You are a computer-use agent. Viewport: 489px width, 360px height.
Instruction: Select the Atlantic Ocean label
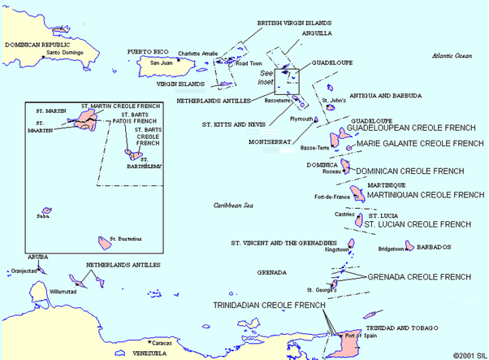click(452, 55)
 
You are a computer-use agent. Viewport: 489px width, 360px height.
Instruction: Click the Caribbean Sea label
click(234, 206)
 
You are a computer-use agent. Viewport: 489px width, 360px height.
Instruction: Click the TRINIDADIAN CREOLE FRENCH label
click(269, 306)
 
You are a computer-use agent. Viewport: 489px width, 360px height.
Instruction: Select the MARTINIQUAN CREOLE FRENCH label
click(414, 195)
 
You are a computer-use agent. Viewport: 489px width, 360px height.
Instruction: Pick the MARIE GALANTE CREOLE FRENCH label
click(421, 143)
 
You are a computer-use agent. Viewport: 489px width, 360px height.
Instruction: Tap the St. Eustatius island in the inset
click(105, 242)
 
